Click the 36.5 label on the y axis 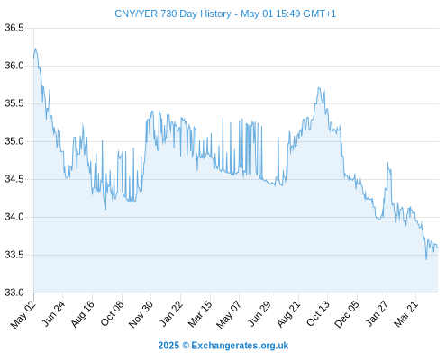pyautogui.click(x=14, y=28)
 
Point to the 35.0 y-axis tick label pyautogui.click(x=14, y=141)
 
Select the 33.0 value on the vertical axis pyautogui.click(x=14, y=292)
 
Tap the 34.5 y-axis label pyautogui.click(x=14, y=179)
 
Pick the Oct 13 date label pyautogui.click(x=318, y=313)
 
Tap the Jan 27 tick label pyautogui.click(x=377, y=313)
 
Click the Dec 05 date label pyautogui.click(x=347, y=314)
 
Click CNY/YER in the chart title pyautogui.click(x=136, y=13)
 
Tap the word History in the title pyautogui.click(x=215, y=13)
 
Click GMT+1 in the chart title pyautogui.click(x=320, y=13)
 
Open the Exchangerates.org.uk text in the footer pyautogui.click(x=240, y=346)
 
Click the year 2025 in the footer pyautogui.click(x=168, y=346)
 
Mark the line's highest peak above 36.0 pyautogui.click(x=35, y=49)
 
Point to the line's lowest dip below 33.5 pyautogui.click(x=426, y=259)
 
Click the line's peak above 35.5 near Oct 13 pyautogui.click(x=318, y=88)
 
